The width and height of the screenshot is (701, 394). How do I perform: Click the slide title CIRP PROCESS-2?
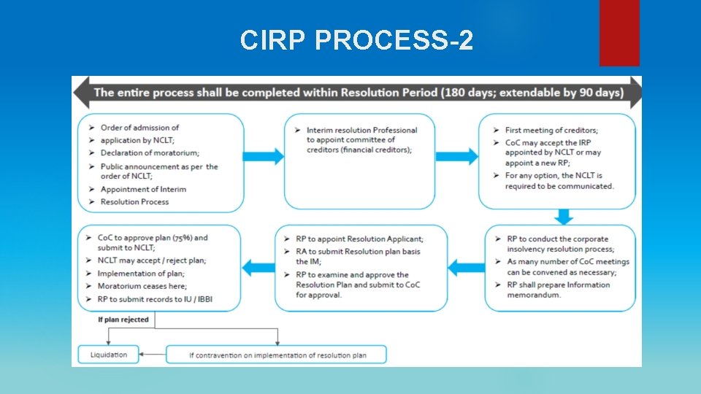tap(356, 40)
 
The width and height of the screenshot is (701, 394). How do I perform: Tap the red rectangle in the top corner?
tap(618, 32)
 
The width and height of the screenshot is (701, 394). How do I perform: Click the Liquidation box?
tap(109, 355)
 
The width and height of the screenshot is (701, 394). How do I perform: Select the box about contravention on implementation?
tap(277, 355)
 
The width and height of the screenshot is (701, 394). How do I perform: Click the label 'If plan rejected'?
tap(123, 320)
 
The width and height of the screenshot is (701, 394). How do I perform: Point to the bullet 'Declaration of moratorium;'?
tap(150, 152)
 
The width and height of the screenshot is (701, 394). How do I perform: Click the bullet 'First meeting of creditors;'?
tap(551, 130)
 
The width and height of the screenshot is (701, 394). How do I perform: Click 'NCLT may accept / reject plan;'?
tap(152, 260)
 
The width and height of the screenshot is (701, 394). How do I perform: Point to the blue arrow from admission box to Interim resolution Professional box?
tap(263, 157)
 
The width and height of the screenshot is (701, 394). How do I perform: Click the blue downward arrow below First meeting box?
tap(563, 217)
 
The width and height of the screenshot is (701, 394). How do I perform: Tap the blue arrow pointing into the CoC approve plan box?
tap(258, 268)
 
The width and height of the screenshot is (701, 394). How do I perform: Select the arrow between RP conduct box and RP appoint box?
tap(465, 268)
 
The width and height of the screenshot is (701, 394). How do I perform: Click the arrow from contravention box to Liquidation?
tap(153, 355)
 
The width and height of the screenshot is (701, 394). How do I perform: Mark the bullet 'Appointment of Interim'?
tap(143, 190)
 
